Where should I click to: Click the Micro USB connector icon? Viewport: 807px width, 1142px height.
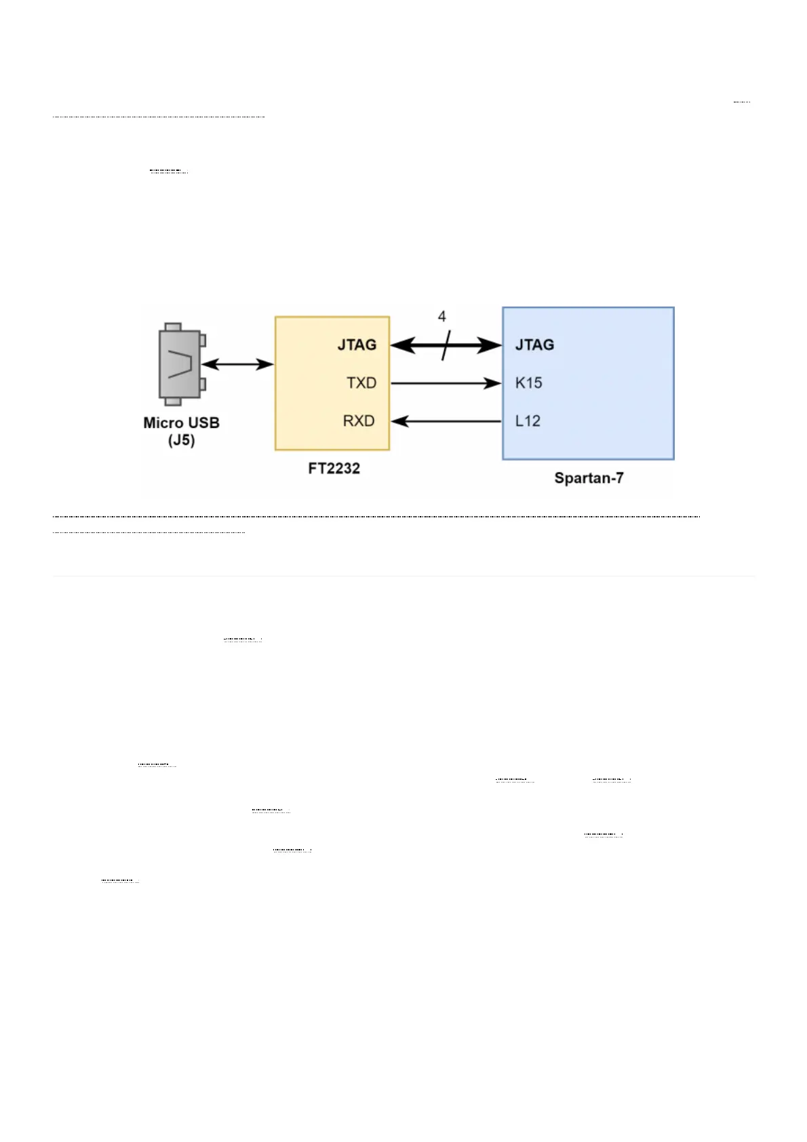(180, 364)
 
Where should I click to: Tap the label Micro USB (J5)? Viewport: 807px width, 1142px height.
(181, 431)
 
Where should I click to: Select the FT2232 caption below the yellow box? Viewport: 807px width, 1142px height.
(334, 469)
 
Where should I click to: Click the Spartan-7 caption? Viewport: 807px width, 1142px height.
(589, 478)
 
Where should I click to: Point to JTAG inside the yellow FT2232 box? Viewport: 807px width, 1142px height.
(357, 345)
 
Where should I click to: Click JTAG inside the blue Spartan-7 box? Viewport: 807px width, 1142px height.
(534, 345)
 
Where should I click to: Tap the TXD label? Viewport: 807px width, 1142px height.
(361, 383)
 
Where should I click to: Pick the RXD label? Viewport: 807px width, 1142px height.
(359, 421)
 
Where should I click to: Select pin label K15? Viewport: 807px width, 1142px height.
(528, 383)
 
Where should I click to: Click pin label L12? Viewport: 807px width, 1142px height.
(528, 421)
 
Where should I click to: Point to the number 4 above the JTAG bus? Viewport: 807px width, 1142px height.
(441, 317)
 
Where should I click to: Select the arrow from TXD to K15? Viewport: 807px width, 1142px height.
(446, 384)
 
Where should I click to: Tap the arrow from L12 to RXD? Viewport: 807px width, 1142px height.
(446, 421)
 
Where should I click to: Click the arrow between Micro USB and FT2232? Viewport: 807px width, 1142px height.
(237, 364)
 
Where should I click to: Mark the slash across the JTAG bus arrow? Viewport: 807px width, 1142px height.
(445, 345)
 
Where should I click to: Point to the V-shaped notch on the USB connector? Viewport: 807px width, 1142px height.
(180, 364)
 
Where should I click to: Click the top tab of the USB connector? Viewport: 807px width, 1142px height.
(173, 327)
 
